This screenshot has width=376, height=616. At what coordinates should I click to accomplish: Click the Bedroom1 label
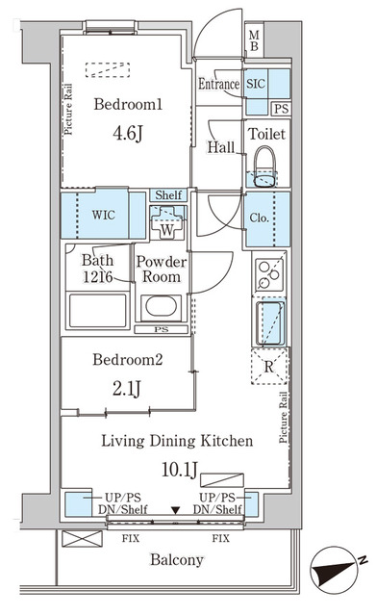coord(128,104)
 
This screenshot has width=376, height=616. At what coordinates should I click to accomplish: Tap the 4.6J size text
coord(127,133)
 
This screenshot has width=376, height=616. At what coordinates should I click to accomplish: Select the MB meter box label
coord(254,40)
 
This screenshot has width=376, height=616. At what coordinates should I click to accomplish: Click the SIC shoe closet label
coord(256,84)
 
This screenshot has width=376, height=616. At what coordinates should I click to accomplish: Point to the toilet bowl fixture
coord(264,167)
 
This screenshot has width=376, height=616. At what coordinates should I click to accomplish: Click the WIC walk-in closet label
coord(104,215)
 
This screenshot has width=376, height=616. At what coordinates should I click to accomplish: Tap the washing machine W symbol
coord(166,222)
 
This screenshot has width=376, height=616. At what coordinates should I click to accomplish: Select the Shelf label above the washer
coord(168,194)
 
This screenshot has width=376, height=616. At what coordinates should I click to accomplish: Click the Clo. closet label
coord(259,218)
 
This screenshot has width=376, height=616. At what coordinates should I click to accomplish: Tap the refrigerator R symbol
coord(269,367)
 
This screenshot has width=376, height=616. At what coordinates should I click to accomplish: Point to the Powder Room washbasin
coord(161,306)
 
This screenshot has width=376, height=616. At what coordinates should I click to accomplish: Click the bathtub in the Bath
coord(97,311)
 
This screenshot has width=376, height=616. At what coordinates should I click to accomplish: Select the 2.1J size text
coord(126,389)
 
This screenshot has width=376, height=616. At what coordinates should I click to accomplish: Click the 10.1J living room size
coord(180,470)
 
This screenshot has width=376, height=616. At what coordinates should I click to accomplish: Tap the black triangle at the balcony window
coord(175,510)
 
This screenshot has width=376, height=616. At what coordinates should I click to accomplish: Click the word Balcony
coord(177,559)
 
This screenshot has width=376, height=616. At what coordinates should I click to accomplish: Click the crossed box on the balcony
coord(83,539)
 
